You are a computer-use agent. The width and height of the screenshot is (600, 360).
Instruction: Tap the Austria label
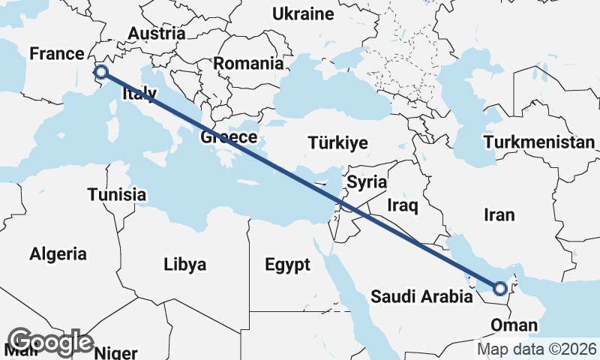[157, 34]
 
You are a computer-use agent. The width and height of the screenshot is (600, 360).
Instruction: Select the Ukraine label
[303, 14]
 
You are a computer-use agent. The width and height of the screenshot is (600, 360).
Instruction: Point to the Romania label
[248, 64]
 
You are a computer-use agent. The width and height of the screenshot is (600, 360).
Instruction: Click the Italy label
[139, 94]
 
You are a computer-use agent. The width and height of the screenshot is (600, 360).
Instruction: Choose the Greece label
[229, 138]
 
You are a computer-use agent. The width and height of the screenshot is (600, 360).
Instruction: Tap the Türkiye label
[338, 143]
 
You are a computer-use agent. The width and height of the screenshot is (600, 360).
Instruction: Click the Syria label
[367, 182]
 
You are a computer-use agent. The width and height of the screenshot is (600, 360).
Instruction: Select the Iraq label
[403, 204]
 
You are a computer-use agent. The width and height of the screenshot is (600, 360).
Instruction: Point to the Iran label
[499, 215]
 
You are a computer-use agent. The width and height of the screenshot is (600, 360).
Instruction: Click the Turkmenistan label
[539, 142]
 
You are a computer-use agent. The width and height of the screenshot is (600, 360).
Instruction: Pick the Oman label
[514, 325]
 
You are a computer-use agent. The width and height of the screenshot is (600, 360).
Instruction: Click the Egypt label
[287, 265]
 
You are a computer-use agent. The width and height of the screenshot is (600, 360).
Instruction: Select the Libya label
[185, 265]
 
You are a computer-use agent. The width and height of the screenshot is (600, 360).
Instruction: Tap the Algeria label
[58, 254]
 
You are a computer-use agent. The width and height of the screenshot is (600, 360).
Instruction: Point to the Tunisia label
[116, 195]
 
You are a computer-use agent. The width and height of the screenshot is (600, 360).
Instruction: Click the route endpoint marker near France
[100, 72]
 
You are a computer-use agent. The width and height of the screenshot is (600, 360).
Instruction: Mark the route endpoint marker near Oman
[499, 288]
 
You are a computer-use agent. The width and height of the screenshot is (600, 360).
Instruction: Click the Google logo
[51, 342]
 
